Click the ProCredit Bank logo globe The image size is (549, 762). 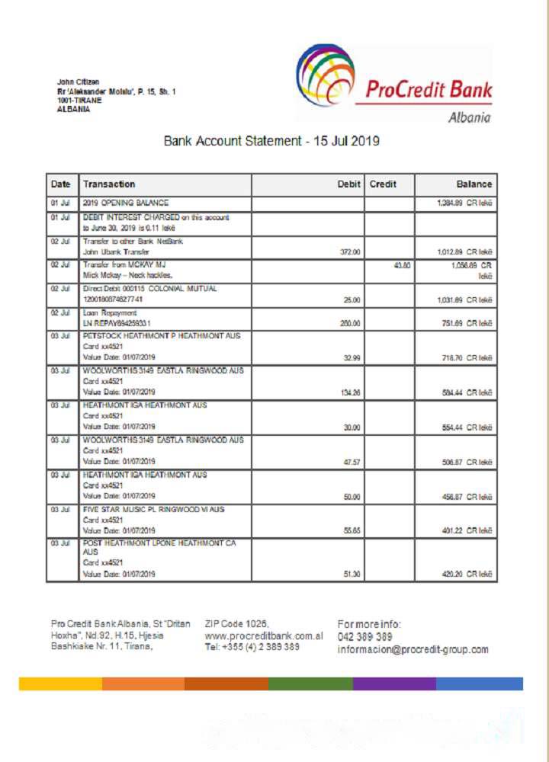click(325, 75)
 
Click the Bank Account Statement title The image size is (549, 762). click(271, 141)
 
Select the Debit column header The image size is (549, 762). click(348, 184)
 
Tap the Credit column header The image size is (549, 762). click(382, 184)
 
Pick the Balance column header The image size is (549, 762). click(474, 184)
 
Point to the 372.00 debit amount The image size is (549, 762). click(351, 251)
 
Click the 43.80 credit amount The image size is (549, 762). click(402, 265)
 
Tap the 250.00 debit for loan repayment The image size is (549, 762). click(351, 323)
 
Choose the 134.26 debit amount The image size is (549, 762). click(351, 393)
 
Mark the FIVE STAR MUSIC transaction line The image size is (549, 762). click(153, 509)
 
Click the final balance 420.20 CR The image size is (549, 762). click(464, 575)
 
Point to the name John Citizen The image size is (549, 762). click(78, 82)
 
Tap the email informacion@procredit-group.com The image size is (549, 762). click(413, 650)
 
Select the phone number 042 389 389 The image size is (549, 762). click(364, 637)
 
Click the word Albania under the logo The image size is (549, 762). click(469, 117)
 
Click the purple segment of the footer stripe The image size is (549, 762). click(394, 684)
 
